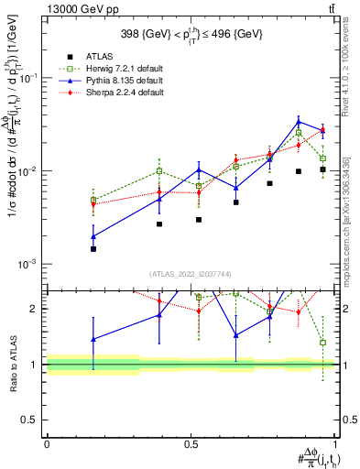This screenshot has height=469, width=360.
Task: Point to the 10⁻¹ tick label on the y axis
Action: [x=29, y=79]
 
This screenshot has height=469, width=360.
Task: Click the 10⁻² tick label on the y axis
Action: [x=29, y=171]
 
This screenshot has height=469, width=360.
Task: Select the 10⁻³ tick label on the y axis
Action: [x=29, y=264]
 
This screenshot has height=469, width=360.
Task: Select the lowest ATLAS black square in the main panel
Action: [x=93, y=248]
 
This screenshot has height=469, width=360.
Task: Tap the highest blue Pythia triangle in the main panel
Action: [x=299, y=122]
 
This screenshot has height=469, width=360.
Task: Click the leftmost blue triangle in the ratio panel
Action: [x=93, y=339]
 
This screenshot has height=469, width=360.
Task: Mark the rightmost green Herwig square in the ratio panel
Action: [x=322, y=343]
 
